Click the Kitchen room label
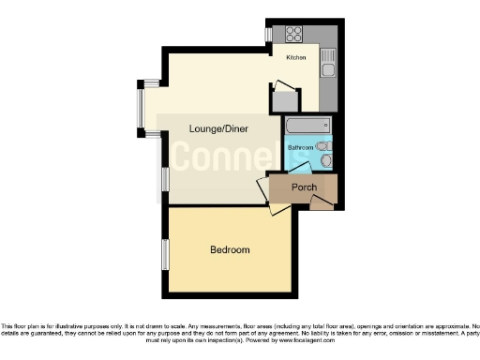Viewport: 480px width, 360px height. tap(296, 58)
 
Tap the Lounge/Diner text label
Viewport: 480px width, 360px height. tap(217, 128)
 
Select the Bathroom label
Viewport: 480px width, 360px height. tap(300, 148)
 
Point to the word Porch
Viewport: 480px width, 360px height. tap(303, 187)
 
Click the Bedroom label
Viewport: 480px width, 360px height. tap(230, 250)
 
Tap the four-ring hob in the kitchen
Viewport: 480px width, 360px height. tap(292, 34)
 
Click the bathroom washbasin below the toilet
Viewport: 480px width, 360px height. tap(325, 161)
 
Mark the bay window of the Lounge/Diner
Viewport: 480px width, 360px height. tap(142, 109)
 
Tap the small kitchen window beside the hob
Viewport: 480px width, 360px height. tap(269, 34)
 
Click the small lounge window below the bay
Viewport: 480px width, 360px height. tap(164, 178)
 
